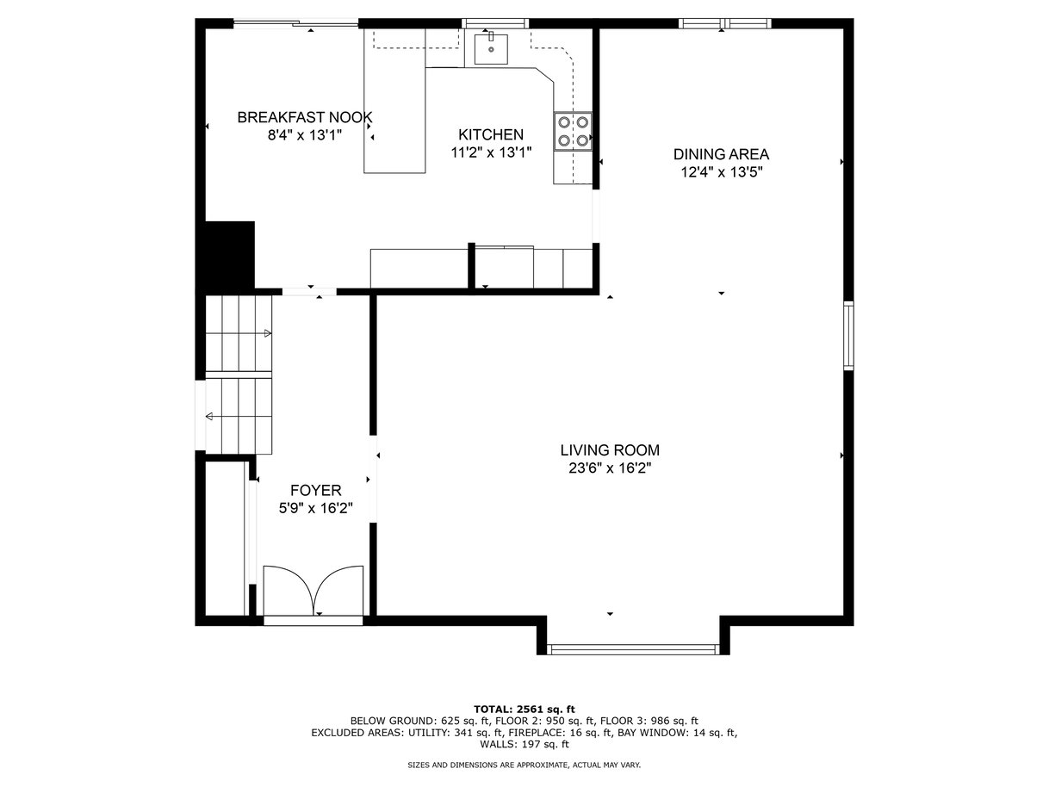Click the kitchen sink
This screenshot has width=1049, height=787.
point(490,49)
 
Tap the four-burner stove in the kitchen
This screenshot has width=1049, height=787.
point(573,132)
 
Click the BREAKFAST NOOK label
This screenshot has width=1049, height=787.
point(304,117)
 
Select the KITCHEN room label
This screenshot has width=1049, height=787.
point(491,134)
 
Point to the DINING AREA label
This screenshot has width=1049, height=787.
point(721,154)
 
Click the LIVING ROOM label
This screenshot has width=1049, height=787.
point(610,449)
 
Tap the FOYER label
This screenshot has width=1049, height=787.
point(316,490)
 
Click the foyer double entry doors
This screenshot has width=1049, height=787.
point(313,591)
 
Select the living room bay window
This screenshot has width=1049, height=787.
point(633,649)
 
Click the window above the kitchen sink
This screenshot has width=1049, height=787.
point(495,23)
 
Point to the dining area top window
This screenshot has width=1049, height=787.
point(725,23)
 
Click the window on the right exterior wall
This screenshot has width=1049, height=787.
point(848,336)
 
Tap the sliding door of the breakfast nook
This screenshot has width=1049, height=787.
point(295,22)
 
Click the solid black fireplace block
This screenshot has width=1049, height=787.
point(229,255)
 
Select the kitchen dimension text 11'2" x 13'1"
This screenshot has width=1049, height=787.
point(491,152)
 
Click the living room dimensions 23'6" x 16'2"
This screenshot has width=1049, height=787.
point(610,468)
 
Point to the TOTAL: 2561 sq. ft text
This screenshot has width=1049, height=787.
point(524,710)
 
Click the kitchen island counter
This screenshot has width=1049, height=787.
point(394,101)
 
